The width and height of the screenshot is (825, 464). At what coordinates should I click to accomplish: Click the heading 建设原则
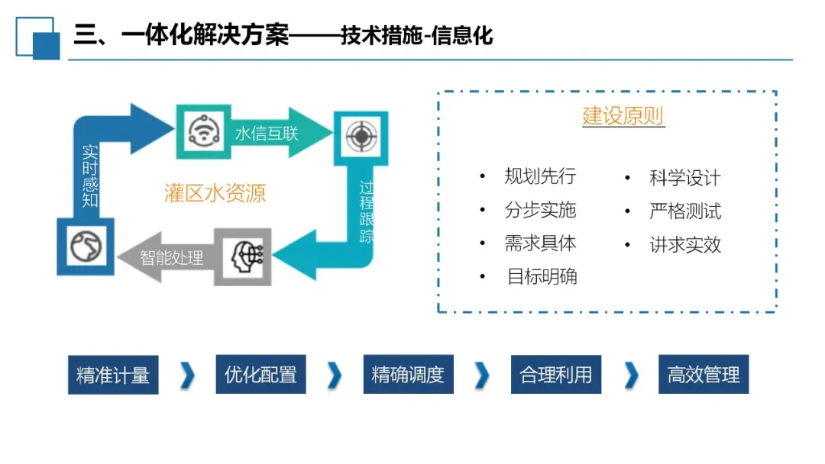(623, 117)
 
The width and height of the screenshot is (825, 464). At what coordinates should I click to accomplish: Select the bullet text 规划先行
(540, 176)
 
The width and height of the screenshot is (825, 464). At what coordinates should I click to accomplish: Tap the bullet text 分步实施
(540, 210)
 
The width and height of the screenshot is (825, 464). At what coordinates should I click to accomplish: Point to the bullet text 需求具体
(540, 243)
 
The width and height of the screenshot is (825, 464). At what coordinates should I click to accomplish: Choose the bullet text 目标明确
(542, 276)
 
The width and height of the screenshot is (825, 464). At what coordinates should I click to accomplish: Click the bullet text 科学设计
(684, 178)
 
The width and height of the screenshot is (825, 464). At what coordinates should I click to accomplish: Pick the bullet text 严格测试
(684, 211)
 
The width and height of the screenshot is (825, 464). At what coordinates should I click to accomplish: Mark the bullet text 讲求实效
(684, 244)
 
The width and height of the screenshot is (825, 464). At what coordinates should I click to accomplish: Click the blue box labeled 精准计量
(113, 375)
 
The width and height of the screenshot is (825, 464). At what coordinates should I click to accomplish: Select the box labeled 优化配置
(260, 375)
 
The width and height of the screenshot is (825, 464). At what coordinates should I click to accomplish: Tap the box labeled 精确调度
(408, 375)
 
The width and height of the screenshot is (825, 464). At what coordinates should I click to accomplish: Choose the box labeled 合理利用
(555, 375)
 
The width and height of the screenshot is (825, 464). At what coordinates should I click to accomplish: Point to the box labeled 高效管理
(704, 375)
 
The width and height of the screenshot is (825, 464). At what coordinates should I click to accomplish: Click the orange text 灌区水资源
(215, 193)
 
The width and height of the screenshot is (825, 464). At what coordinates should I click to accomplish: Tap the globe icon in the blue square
(85, 246)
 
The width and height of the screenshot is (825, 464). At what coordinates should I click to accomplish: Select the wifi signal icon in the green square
(204, 132)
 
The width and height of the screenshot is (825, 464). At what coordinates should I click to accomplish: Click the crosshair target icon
(360, 137)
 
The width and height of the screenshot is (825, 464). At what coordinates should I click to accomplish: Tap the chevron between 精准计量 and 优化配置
(188, 375)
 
